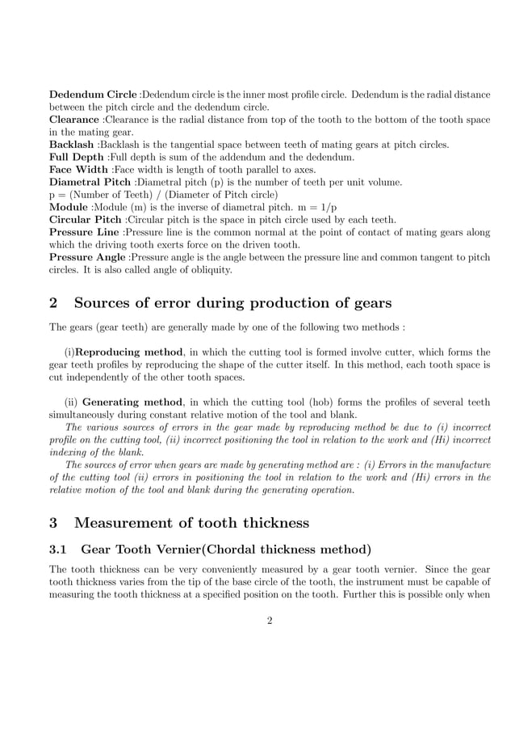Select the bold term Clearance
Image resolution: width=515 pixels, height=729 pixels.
(x=74, y=120)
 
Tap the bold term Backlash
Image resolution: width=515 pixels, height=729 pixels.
(x=72, y=145)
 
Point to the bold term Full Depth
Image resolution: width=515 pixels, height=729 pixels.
(x=77, y=157)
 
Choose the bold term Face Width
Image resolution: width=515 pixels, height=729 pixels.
(x=78, y=170)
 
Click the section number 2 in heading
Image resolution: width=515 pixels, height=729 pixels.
(x=54, y=304)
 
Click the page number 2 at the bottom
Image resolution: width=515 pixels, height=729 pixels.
(x=270, y=621)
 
